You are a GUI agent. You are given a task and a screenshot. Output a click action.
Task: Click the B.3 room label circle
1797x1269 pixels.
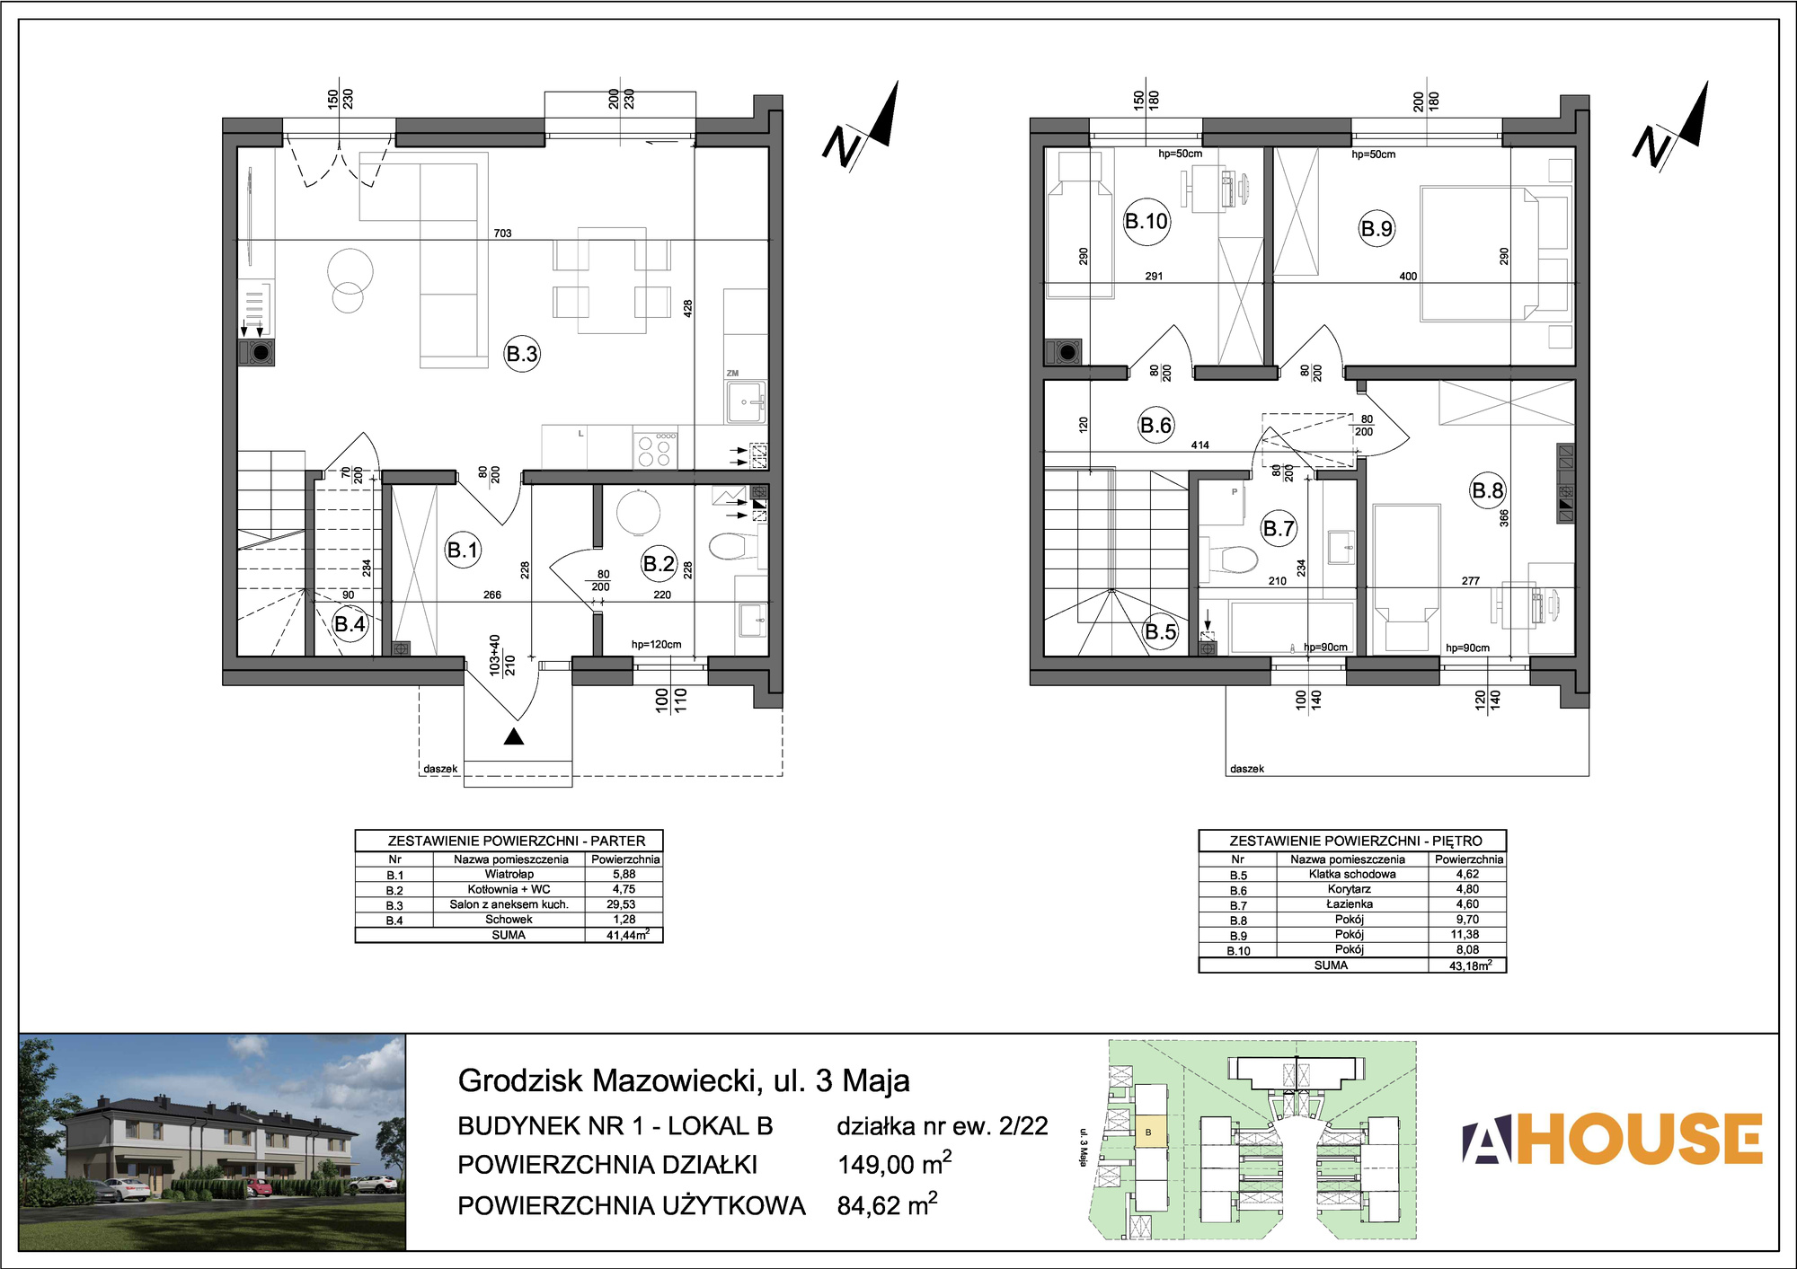point(522,354)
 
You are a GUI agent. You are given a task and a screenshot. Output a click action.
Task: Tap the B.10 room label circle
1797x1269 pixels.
point(1146,221)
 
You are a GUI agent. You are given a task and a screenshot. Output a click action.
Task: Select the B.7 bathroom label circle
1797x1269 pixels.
point(1279,528)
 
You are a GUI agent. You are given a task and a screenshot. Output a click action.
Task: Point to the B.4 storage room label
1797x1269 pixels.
point(350,624)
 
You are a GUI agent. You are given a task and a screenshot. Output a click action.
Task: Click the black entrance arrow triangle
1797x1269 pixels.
point(514,736)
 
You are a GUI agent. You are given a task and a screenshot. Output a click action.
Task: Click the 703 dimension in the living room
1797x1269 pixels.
point(502,234)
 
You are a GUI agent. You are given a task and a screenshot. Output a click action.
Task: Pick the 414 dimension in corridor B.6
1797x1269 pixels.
point(1199,445)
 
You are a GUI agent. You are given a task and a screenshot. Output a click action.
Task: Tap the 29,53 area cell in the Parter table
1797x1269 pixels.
point(624,904)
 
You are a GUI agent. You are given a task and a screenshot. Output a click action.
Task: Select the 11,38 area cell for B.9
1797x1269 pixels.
point(1466,935)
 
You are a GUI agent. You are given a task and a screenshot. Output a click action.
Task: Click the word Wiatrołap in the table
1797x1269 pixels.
point(509,874)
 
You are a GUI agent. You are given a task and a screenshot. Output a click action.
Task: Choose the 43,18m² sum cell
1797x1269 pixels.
point(1467,965)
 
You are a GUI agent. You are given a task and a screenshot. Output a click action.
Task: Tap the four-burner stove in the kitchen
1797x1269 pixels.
point(655,451)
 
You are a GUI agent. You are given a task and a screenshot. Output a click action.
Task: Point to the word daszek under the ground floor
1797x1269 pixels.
point(440,769)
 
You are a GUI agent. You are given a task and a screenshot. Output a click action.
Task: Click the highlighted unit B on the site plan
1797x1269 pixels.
point(1149,1132)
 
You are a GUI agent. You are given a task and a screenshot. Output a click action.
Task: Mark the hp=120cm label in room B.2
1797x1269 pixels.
point(656,644)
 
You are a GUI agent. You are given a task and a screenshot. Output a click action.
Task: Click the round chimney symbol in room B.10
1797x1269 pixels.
point(1067,352)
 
